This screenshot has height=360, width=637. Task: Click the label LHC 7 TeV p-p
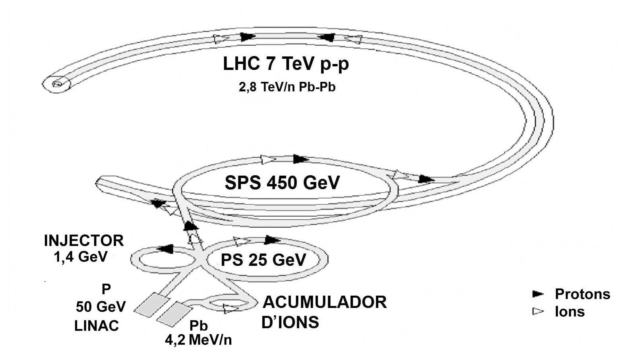[286, 64]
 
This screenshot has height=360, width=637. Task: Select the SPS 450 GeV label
[282, 183]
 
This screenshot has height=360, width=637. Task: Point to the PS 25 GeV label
[263, 260]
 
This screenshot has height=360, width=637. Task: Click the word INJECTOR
[84, 241]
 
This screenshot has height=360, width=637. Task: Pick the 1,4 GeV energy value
[81, 257]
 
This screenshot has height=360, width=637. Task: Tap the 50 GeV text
[101, 306]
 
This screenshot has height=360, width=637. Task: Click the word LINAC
[97, 326]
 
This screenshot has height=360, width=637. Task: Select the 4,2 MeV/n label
[199, 340]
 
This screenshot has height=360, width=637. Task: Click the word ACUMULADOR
[324, 302]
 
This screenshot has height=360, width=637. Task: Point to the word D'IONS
[290, 322]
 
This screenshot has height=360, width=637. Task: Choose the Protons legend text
[582, 294]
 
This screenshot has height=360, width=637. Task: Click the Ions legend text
[569, 312]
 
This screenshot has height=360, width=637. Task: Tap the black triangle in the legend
[538, 294]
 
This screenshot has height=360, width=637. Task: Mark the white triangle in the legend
[538, 312]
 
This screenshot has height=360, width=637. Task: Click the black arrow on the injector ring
[165, 249]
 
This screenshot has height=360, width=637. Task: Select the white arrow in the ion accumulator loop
[229, 308]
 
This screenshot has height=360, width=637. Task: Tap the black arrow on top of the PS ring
[272, 240]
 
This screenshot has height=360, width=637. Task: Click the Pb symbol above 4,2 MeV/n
[198, 326]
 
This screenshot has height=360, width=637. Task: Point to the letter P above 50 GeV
[106, 289]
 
